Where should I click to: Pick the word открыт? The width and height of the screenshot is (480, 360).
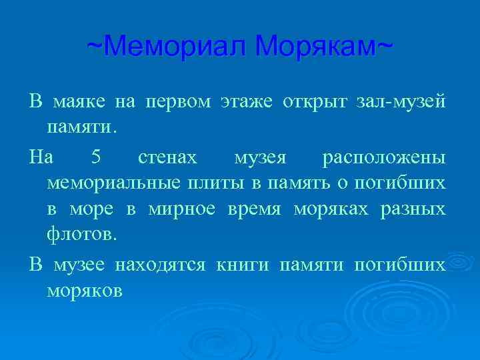314,102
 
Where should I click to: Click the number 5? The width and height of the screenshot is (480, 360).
96,157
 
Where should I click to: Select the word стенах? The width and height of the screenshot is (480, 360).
167,157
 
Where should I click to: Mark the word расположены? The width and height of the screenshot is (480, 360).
384,157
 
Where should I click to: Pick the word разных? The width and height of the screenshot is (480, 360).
413,209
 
